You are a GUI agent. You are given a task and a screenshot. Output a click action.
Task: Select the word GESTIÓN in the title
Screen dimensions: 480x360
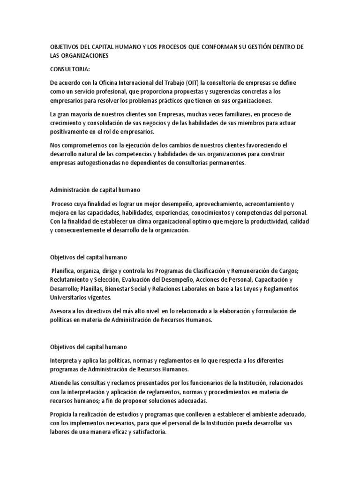(x=265, y=47)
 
